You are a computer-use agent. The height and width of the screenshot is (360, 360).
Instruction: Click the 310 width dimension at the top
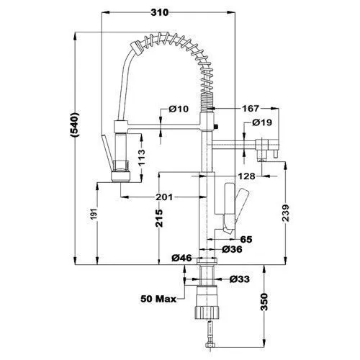point(160,12)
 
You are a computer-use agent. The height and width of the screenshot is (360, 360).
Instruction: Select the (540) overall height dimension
point(75,125)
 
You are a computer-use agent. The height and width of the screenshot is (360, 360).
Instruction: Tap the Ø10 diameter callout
point(179,109)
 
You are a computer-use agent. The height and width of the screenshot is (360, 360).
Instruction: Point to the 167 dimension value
point(251,109)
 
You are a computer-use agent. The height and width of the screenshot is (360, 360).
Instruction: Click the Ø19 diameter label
point(262,122)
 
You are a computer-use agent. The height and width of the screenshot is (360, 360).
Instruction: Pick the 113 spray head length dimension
point(142,158)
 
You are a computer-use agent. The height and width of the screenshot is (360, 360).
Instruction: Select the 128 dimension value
point(246,176)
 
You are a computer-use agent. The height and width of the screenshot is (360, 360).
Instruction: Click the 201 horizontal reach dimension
point(164,197)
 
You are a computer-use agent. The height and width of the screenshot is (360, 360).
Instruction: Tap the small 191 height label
point(94,214)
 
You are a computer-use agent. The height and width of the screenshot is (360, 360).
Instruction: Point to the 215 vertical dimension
point(159,218)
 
